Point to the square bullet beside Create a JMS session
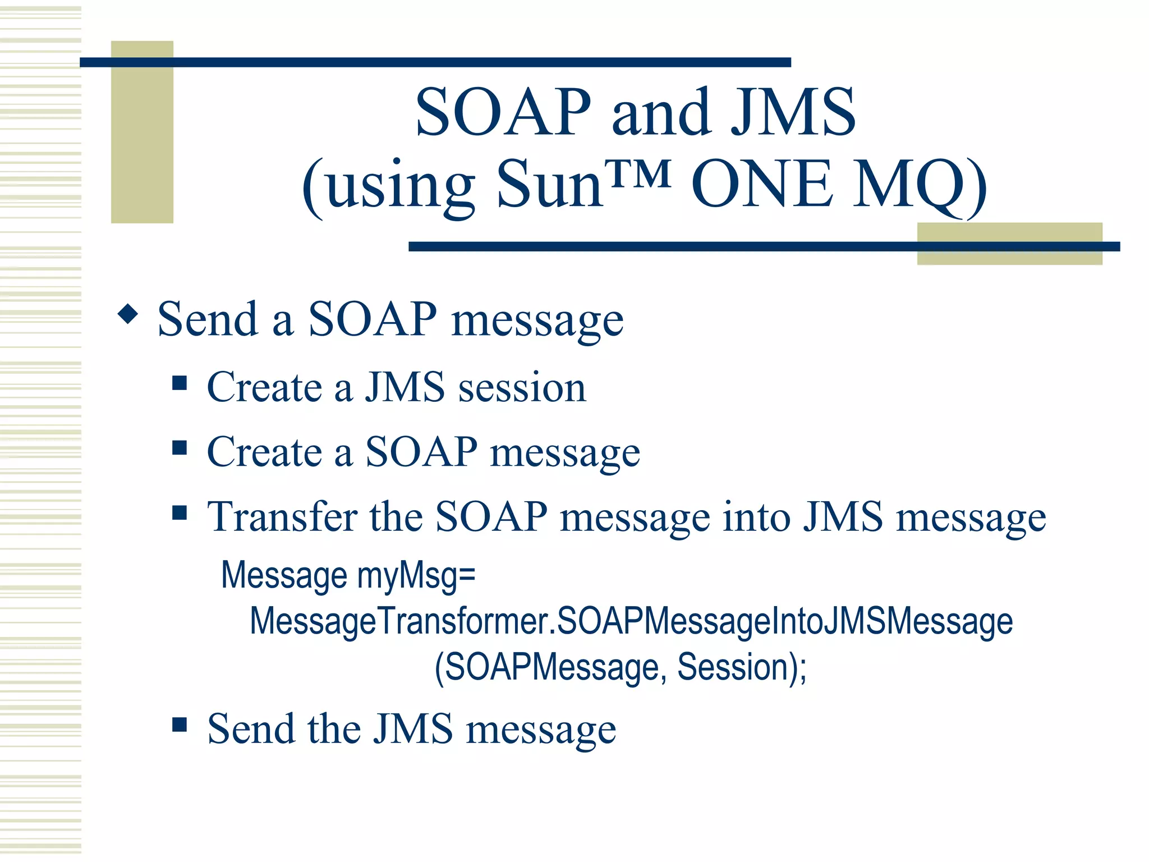point(180,383)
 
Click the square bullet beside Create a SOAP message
point(180,448)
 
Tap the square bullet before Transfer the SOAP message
point(180,512)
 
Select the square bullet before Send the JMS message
point(180,725)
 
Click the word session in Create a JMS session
point(522,388)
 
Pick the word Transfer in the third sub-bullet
point(282,517)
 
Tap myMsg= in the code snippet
point(416,576)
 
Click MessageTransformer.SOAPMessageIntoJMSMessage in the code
point(631,622)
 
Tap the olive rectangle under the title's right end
point(1009,257)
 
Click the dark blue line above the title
point(435,62)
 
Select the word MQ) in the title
point(920,185)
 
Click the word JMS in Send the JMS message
point(413,729)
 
